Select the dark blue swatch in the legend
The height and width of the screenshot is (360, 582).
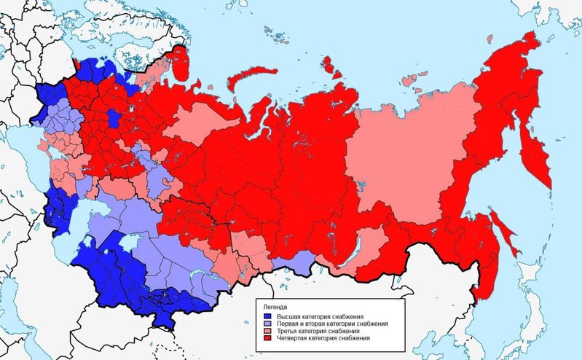(267, 316)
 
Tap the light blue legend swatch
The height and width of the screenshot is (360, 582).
(267, 324)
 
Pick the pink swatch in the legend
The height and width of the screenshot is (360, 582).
(267, 332)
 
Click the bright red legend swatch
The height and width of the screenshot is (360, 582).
(267, 339)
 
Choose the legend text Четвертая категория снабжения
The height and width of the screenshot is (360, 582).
(321, 339)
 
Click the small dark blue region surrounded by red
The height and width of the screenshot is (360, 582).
(114, 119)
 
